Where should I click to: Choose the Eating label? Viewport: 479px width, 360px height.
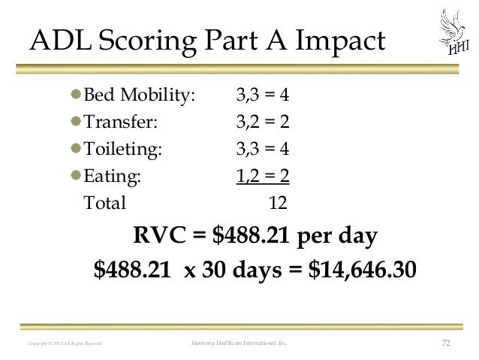[x=112, y=176]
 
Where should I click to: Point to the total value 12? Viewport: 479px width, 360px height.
[x=279, y=202]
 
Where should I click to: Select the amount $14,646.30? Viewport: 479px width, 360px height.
[x=361, y=268]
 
